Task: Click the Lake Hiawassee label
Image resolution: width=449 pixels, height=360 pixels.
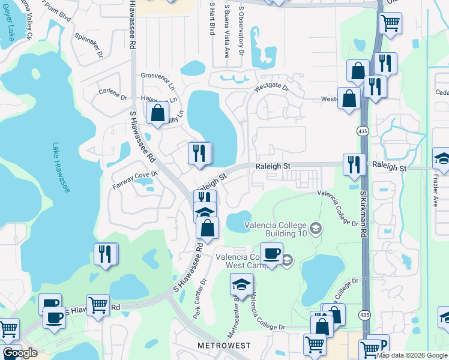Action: [60, 168]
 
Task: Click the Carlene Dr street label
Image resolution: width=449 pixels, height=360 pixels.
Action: [113, 95]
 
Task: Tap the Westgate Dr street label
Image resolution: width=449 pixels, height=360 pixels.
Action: [271, 88]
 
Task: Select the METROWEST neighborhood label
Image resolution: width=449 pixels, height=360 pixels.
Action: [224, 346]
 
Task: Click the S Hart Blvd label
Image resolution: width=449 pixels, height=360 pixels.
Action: [212, 18]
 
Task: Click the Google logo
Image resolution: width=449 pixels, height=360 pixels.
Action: [19, 353]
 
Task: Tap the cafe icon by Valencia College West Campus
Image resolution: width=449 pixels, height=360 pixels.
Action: [271, 254]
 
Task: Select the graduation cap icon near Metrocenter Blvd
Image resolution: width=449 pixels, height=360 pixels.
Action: [241, 284]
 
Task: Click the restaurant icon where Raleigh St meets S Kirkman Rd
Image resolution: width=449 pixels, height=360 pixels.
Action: [355, 164]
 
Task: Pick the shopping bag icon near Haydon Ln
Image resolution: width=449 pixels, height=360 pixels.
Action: [157, 113]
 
